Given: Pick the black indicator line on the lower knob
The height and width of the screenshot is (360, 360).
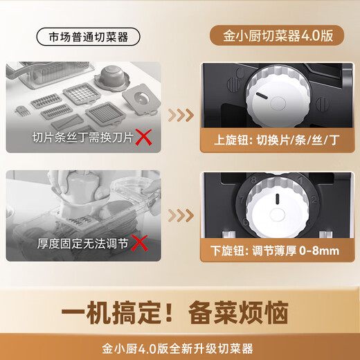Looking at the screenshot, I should [276, 201].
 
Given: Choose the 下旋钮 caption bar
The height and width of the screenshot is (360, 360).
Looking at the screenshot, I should [276, 244].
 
